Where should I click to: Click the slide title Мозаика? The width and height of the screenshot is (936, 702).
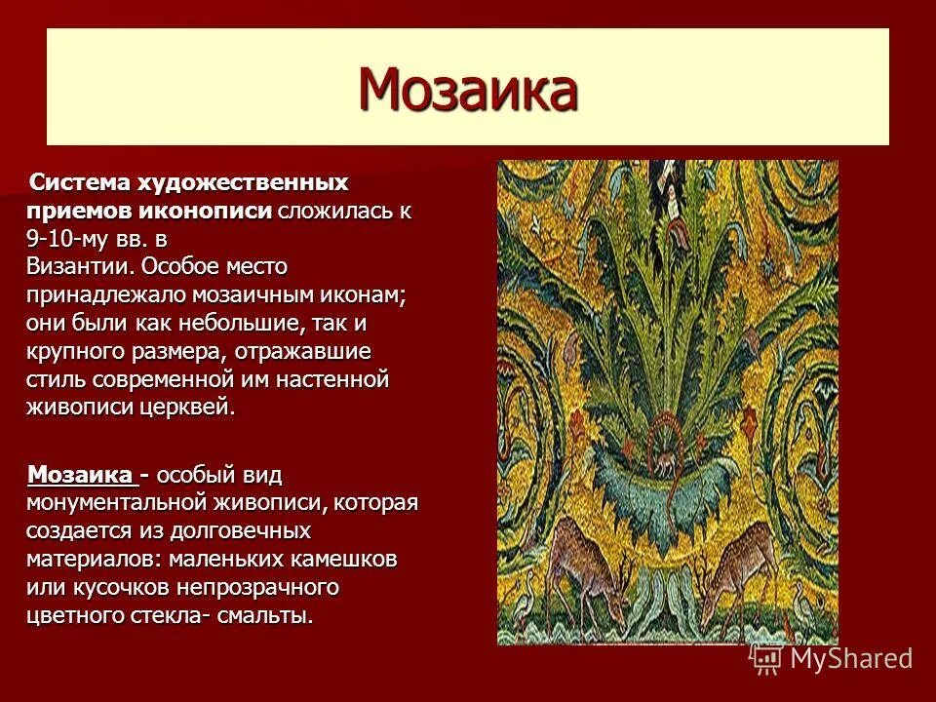point(468,90)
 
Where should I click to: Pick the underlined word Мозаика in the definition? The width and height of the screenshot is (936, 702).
point(82,476)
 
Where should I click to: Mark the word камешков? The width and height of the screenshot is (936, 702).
point(344,560)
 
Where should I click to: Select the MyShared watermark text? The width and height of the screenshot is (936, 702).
point(851,659)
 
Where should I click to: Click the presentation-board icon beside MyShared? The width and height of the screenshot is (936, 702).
point(767,659)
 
